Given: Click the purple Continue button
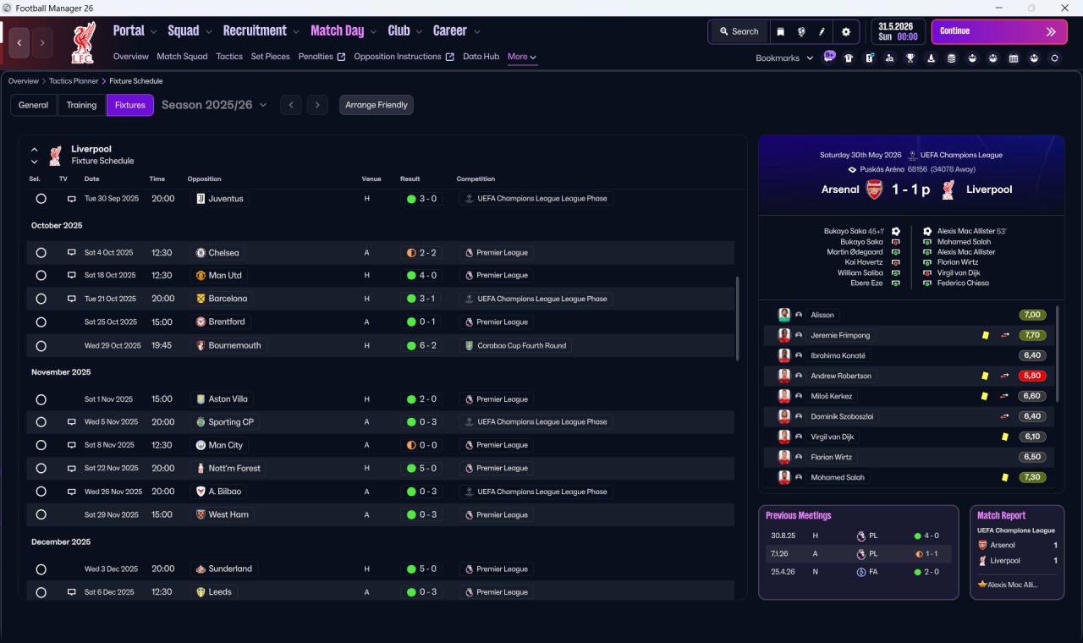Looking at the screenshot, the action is [999, 31].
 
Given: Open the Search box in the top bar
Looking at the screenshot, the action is [739, 31].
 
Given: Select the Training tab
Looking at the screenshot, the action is [81, 105].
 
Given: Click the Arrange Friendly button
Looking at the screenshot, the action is [377, 105].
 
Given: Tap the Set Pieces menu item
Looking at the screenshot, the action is [270, 57].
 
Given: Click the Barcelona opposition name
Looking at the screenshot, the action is [228, 299].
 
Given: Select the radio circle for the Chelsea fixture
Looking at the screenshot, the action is [41, 253].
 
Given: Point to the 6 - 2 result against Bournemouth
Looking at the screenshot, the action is [428, 346].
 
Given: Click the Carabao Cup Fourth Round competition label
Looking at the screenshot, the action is [522, 346].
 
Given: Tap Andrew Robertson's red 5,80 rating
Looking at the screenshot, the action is [1032, 376].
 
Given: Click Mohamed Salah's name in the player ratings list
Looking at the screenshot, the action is [838, 477].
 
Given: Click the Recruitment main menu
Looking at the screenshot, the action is [255, 31].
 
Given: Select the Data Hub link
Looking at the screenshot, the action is [481, 57].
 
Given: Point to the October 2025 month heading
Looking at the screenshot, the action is [57, 226].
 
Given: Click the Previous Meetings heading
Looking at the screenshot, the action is [798, 515].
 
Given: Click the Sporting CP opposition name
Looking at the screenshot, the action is [231, 422].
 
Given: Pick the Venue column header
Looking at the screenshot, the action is [371, 179].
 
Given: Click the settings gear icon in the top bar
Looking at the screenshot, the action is [845, 32].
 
